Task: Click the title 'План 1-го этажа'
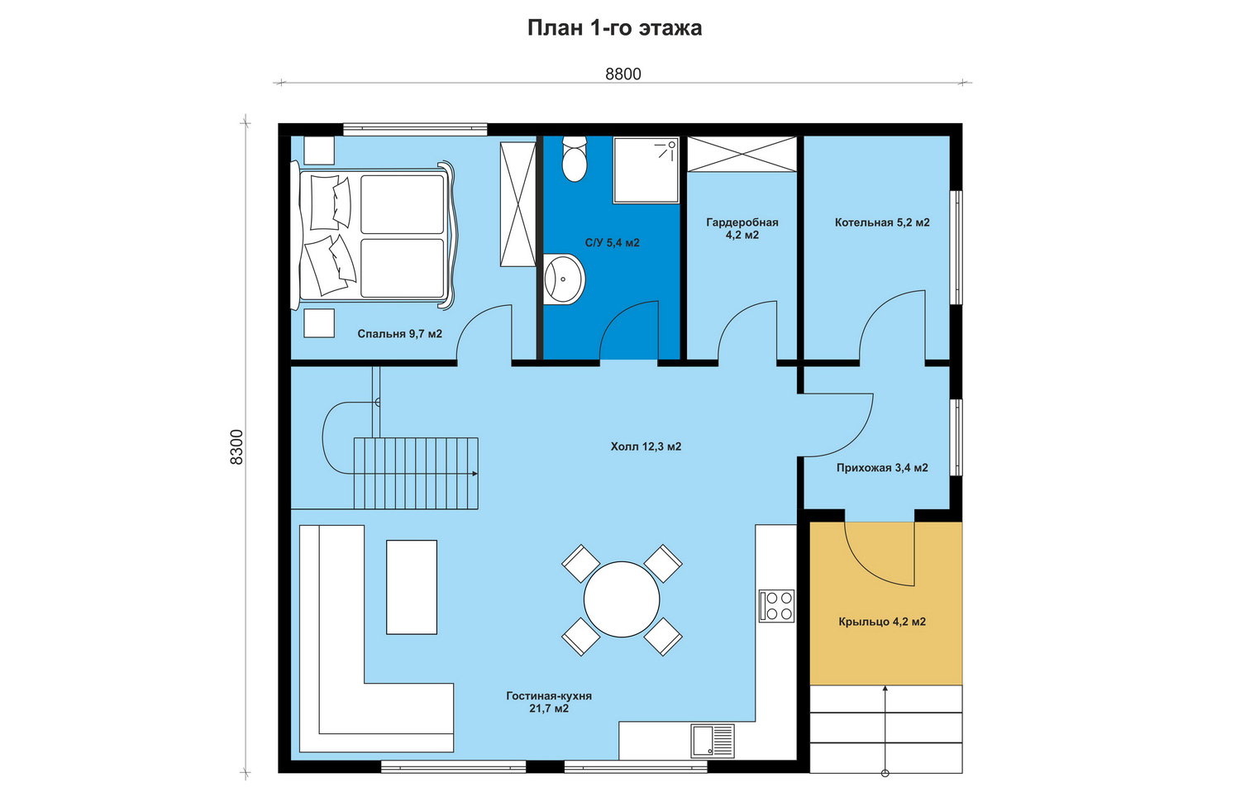(x=614, y=28)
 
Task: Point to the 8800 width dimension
(x=622, y=74)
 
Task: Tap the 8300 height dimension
(x=236, y=446)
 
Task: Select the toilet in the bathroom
(x=574, y=159)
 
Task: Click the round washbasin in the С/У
(x=564, y=279)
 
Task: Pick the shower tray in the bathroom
(x=646, y=170)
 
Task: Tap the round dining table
(x=622, y=599)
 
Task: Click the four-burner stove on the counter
(x=776, y=606)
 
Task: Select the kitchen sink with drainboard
(x=713, y=741)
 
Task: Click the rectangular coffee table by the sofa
(x=412, y=587)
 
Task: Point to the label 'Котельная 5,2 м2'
(x=882, y=222)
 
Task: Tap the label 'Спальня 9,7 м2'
(x=399, y=334)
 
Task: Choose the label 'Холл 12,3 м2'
(x=646, y=446)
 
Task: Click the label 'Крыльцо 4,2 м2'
(x=882, y=622)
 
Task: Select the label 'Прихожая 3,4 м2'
(x=882, y=468)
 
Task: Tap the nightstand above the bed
(x=319, y=150)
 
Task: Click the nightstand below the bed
(x=319, y=323)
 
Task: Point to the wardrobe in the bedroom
(x=518, y=204)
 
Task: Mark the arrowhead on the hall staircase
(x=475, y=474)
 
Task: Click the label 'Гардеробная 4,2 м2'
(x=742, y=228)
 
